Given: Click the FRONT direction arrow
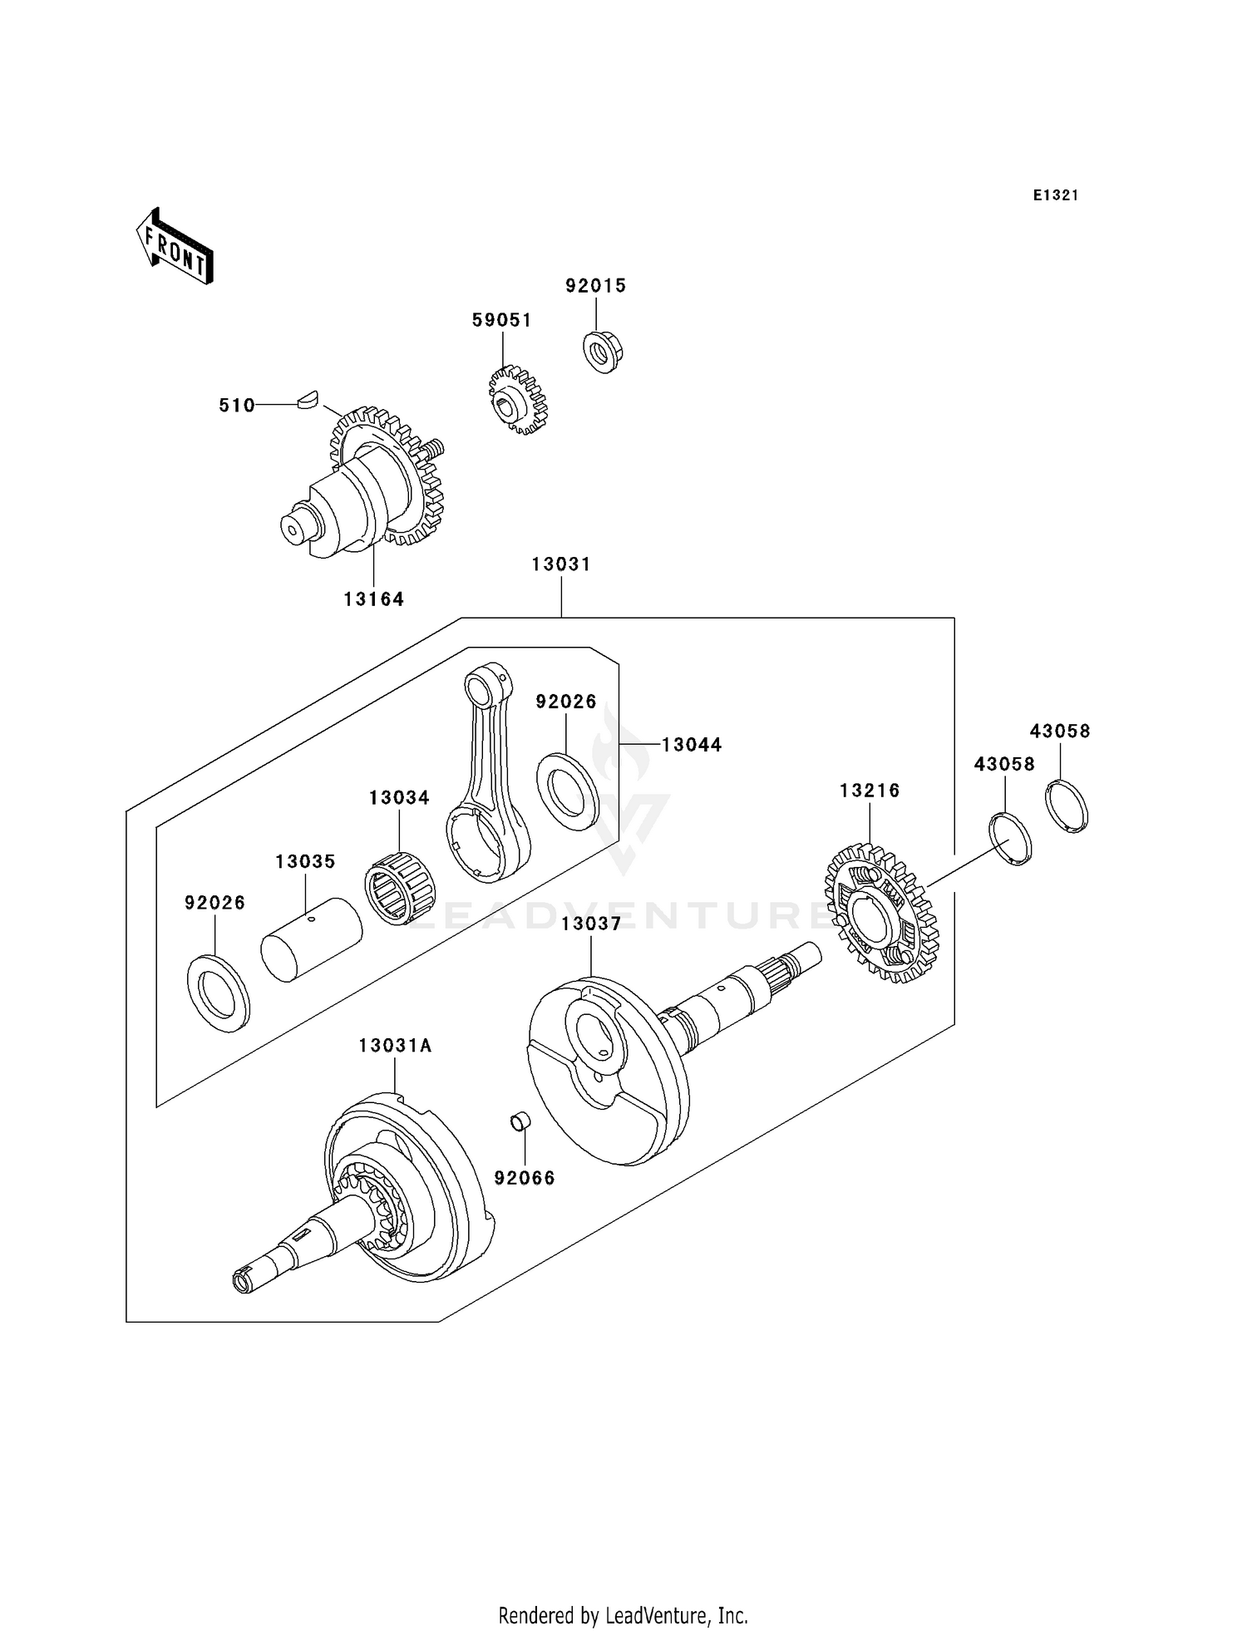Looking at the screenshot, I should pos(175,248).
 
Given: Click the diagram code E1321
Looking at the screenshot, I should pos(1056,195).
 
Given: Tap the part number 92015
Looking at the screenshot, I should pos(595,285).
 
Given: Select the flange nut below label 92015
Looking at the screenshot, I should pos(602,351).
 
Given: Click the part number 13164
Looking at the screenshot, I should pos(373,599).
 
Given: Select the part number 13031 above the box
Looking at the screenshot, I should pos(561,564).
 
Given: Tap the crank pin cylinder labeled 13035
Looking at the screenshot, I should pos(311,939).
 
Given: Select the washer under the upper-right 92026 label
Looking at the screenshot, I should pos(568,790).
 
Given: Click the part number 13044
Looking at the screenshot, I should pos(692,745).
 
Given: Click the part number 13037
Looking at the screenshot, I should pos(590,924).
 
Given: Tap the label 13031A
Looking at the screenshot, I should pos(395,1046).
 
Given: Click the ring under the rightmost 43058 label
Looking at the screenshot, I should pos(1066,806).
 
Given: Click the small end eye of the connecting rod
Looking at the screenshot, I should pos(480,688).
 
